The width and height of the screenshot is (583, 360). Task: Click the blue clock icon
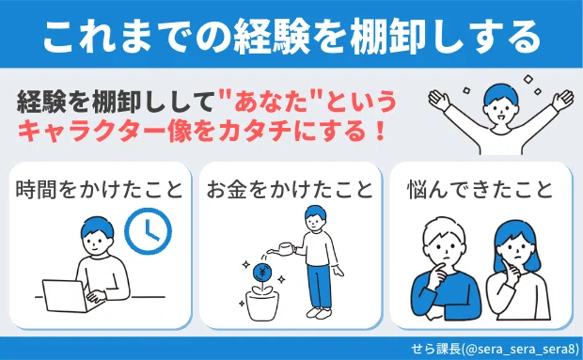(148, 230)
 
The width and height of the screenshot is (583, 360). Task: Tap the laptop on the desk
(65, 296)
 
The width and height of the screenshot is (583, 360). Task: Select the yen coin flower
(262, 274)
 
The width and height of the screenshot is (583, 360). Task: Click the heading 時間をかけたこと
(100, 190)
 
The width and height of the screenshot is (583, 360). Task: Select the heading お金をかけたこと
(290, 190)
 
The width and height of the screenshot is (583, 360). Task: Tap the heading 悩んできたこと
(481, 190)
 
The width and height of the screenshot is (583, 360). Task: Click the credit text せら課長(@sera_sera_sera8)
(495, 350)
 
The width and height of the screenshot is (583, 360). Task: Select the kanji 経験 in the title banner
(272, 37)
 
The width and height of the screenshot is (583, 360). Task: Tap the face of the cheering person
(501, 109)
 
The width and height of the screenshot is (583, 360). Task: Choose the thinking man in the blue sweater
(446, 270)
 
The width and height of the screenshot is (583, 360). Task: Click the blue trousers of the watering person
(320, 286)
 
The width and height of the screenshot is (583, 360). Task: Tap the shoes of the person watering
(319, 313)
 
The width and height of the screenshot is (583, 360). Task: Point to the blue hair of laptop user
(98, 227)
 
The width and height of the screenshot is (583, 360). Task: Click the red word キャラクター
(92, 132)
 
